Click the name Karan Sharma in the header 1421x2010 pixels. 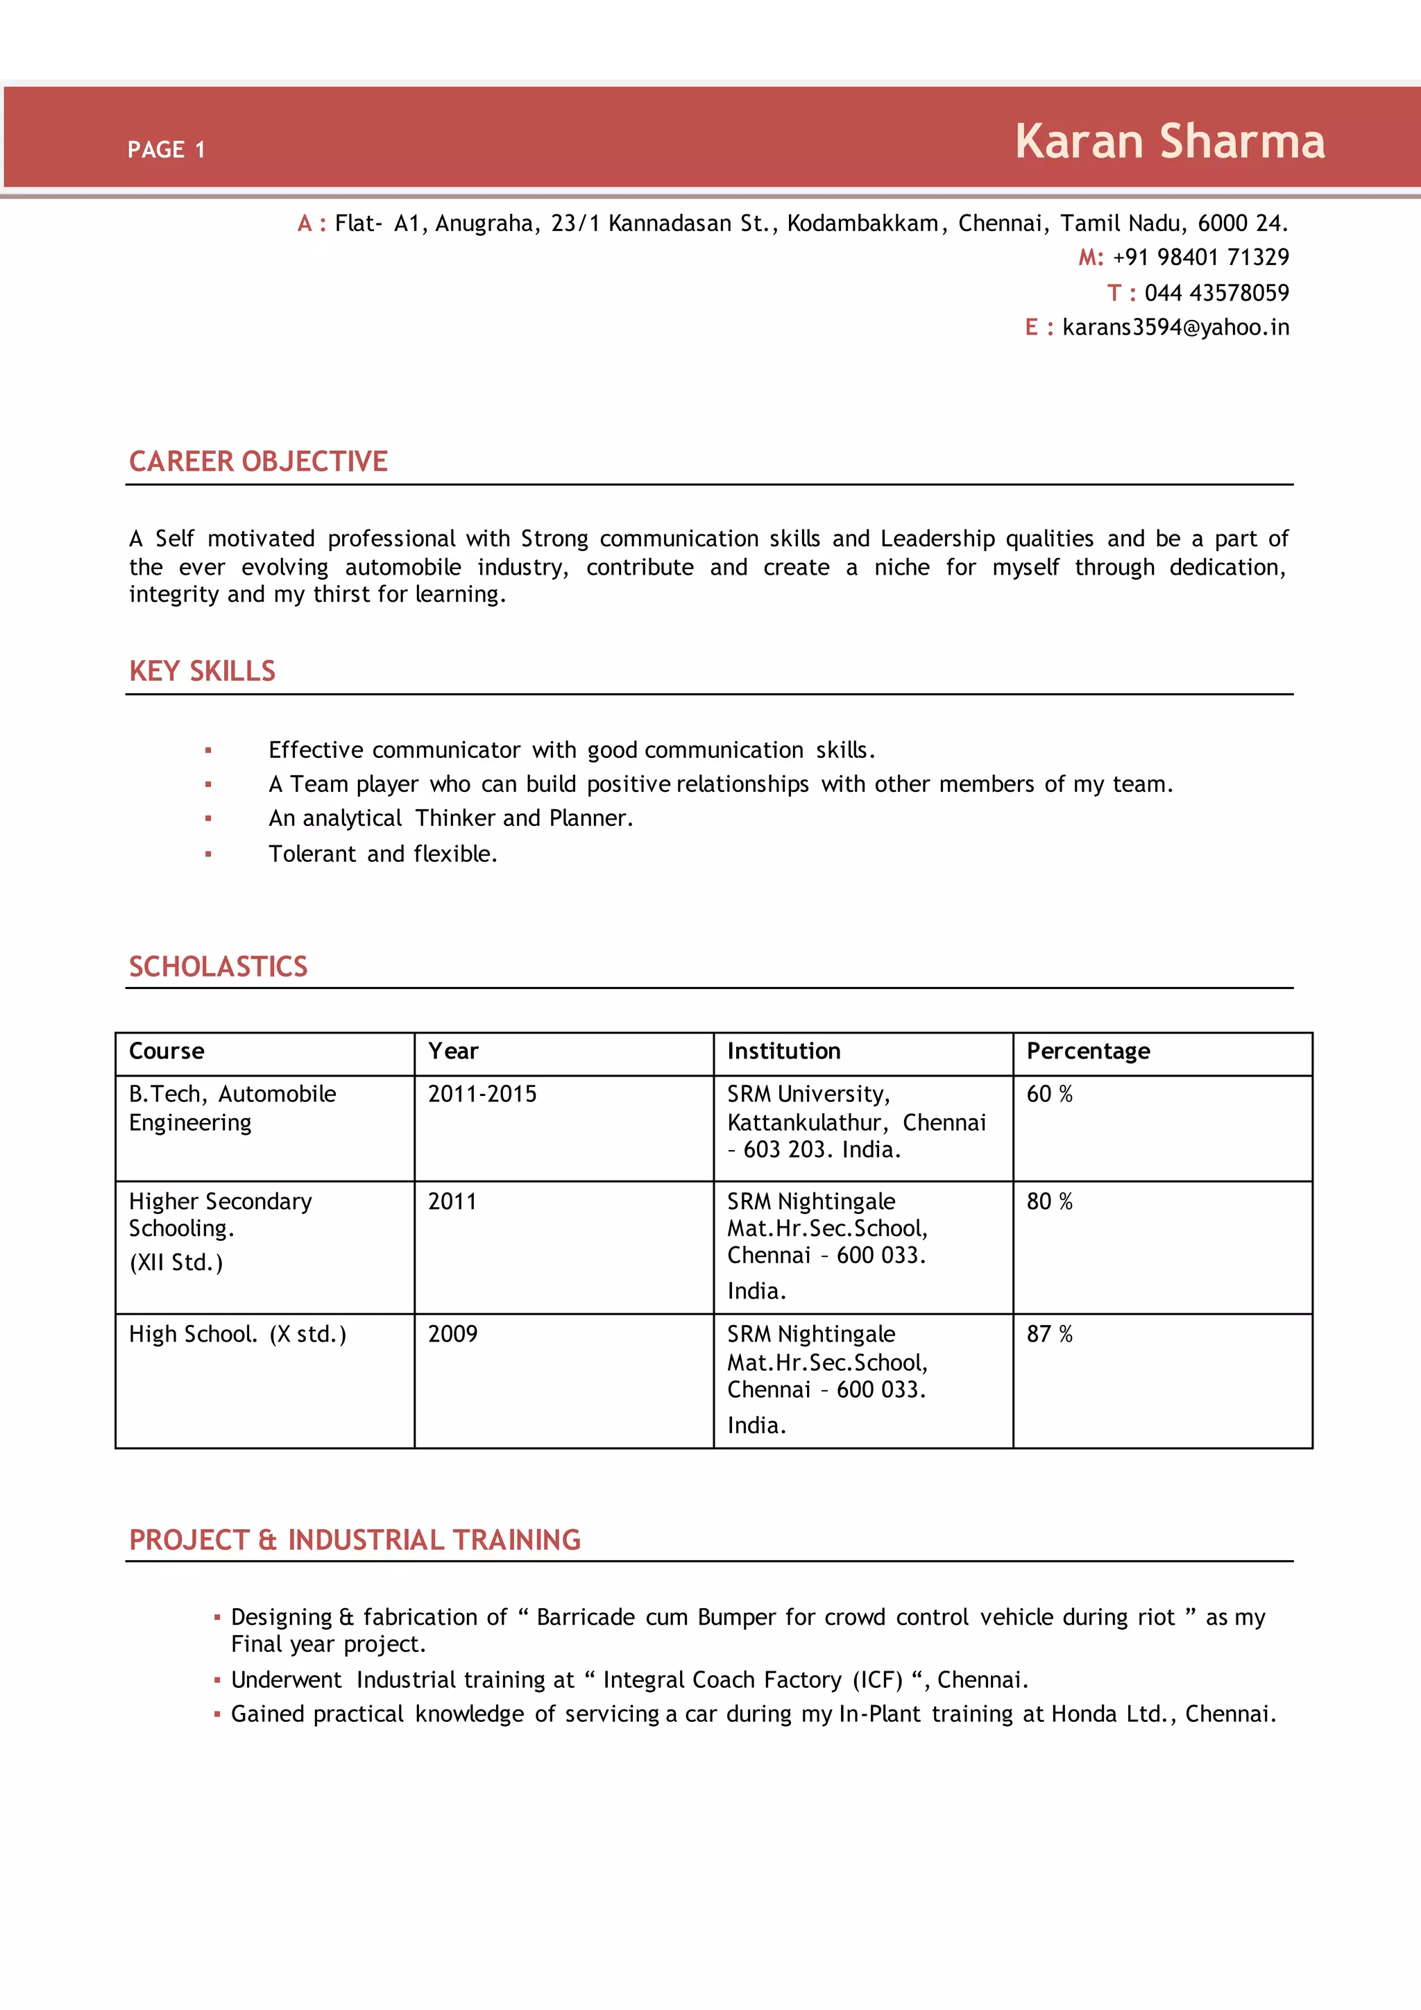tap(1169, 142)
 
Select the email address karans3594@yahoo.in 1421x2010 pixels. tap(1175, 328)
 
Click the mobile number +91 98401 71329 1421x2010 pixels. tap(1200, 257)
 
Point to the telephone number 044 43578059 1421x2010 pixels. tap(1216, 292)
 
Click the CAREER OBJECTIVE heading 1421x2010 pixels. tap(258, 462)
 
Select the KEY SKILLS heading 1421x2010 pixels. tap(202, 671)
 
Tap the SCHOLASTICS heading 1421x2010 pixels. tap(218, 967)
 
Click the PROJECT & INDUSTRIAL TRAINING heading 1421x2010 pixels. tap(355, 1540)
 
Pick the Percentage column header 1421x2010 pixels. tap(1088, 1052)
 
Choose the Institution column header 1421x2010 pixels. tap(783, 1052)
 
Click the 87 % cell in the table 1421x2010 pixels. tap(1049, 1334)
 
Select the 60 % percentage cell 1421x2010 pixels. tap(1049, 1095)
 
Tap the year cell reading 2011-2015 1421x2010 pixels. tap(482, 1095)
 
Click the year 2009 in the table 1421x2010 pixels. tap(452, 1334)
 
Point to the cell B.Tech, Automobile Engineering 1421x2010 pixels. tap(232, 1108)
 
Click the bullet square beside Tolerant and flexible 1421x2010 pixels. tap(208, 854)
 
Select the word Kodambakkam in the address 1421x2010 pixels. tap(862, 224)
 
